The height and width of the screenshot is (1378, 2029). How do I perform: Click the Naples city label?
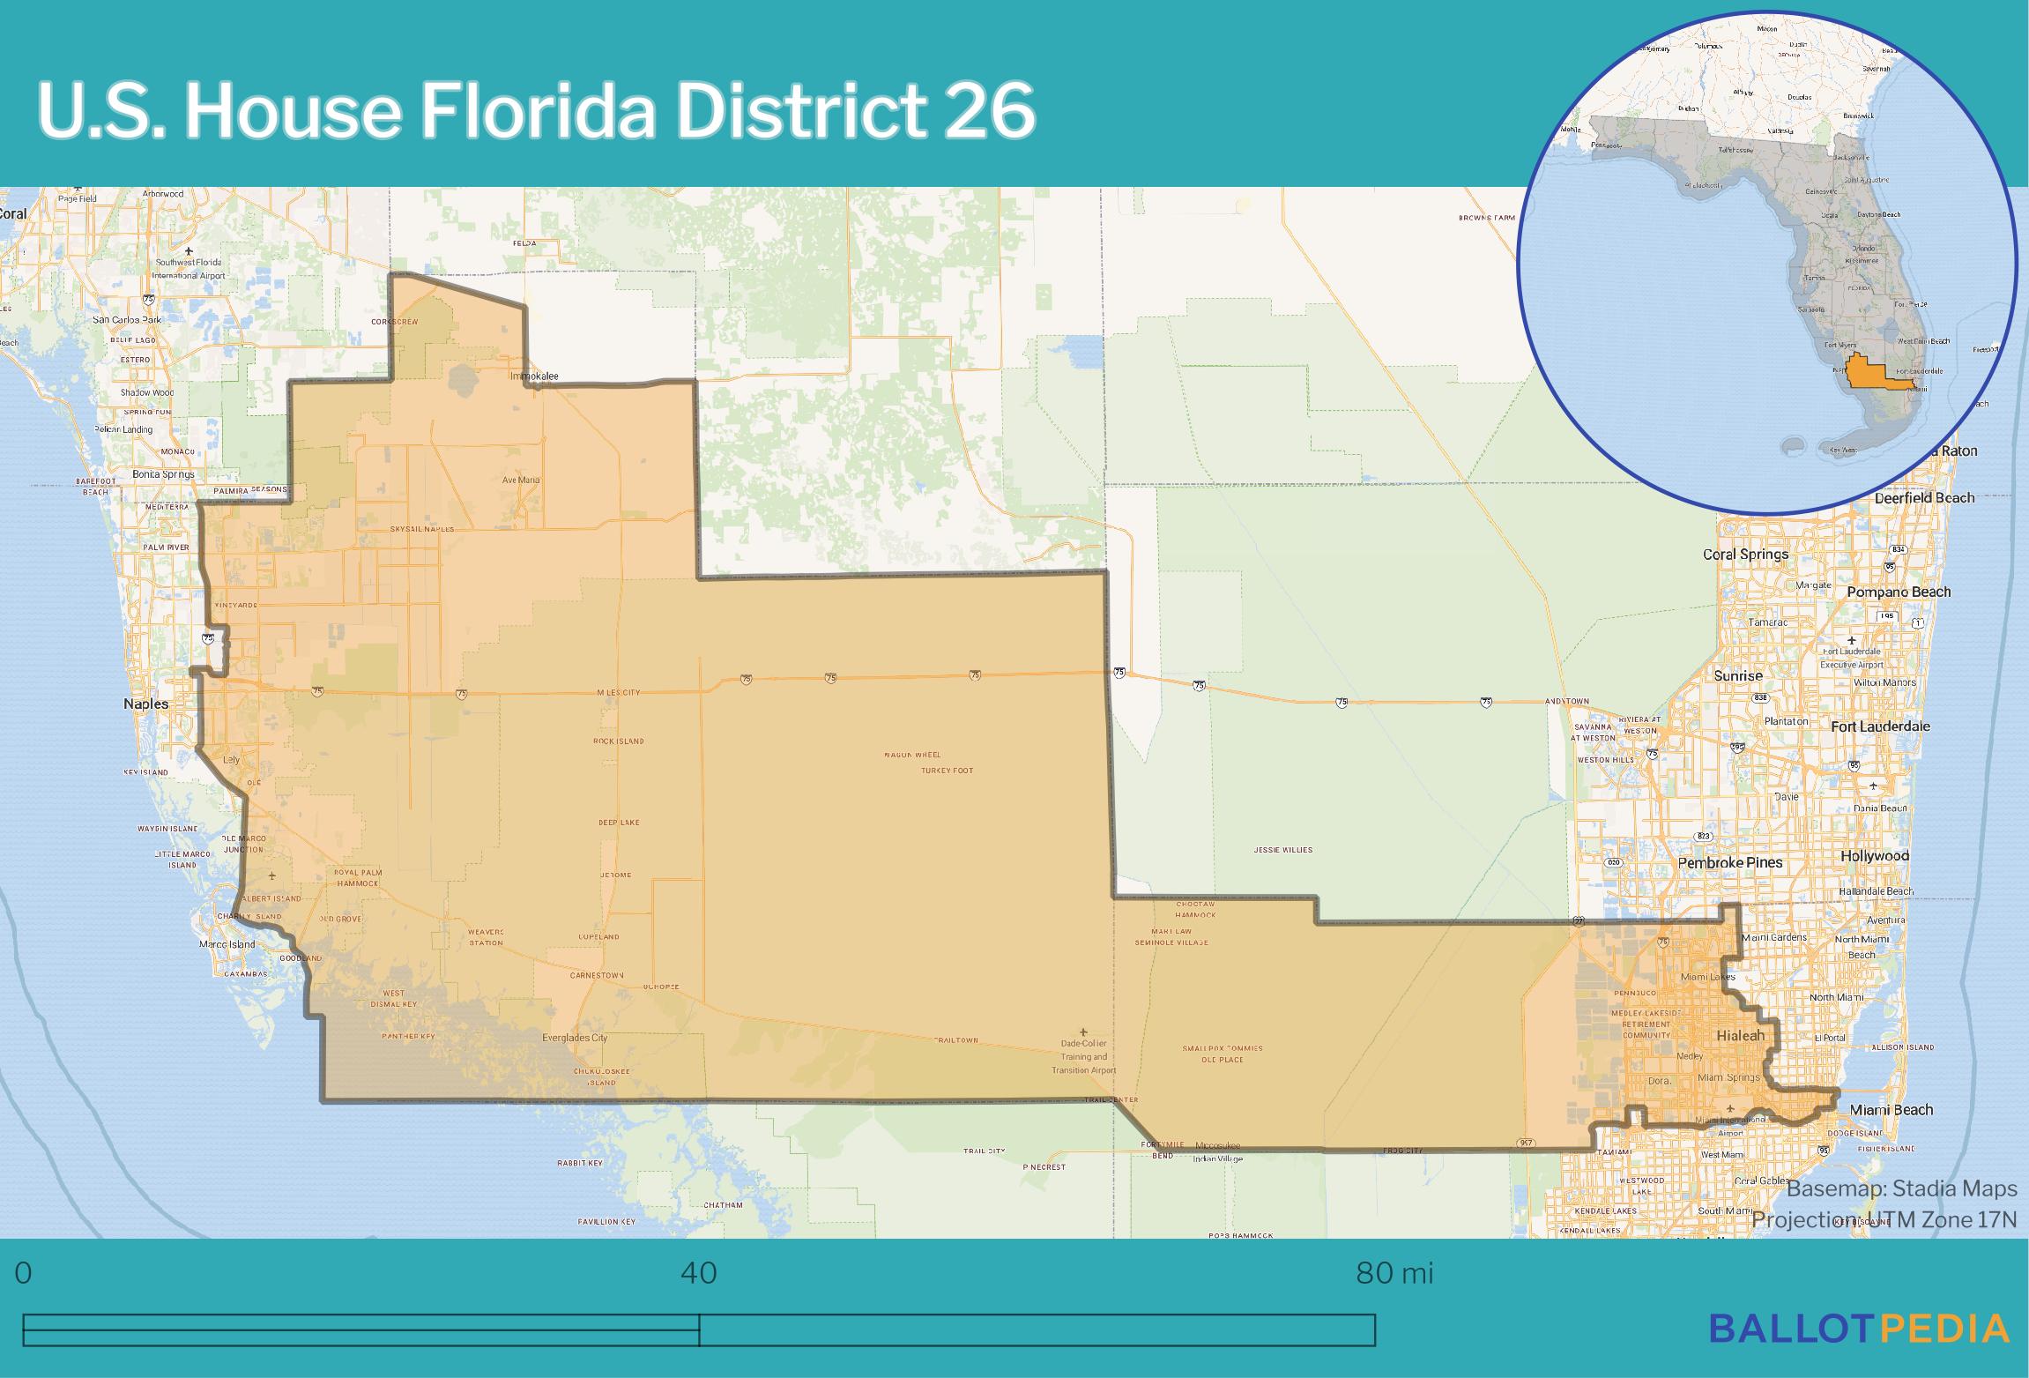tap(145, 704)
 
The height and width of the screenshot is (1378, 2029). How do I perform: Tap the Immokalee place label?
tap(534, 376)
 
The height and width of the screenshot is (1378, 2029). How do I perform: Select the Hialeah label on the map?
tap(1740, 1035)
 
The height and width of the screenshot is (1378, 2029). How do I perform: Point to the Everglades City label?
tap(575, 1038)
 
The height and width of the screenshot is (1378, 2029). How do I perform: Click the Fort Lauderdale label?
tap(1880, 726)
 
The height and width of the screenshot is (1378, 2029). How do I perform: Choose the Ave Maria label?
tap(521, 480)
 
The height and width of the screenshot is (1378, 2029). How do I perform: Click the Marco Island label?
tap(227, 944)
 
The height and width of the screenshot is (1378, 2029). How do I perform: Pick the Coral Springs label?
tap(1745, 555)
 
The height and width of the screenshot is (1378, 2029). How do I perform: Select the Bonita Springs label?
tap(164, 474)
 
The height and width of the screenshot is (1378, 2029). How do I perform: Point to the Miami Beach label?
tap(1891, 1109)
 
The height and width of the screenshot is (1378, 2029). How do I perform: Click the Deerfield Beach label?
tap(1924, 497)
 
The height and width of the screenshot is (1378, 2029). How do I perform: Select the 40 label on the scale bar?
tap(699, 1274)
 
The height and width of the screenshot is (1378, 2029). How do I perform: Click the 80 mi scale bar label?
tap(1394, 1274)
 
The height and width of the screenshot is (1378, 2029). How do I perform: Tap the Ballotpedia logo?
tap(1859, 1328)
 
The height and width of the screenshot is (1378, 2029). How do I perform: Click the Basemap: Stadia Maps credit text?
tap(1901, 1189)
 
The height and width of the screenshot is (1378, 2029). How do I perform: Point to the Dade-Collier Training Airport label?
tap(1083, 1056)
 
